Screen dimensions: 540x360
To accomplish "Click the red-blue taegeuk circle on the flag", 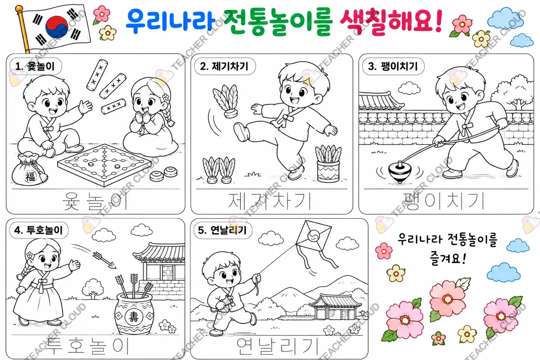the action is pyautogui.click(x=57, y=27).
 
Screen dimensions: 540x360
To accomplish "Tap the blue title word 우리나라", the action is pyautogui.click(x=171, y=21).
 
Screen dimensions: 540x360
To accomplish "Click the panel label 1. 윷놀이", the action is pyautogui.click(x=35, y=66).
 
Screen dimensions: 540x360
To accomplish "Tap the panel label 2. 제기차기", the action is pyautogui.click(x=224, y=66).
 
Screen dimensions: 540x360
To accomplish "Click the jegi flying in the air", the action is pyautogui.click(x=226, y=101).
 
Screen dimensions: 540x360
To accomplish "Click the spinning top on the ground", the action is pyautogui.click(x=400, y=172).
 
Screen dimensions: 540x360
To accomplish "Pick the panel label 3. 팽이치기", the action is pyautogui.click(x=393, y=66).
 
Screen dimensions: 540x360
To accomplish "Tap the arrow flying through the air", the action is pyautogui.click(x=105, y=260).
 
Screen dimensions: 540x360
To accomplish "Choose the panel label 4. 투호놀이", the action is pyautogui.click(x=39, y=230).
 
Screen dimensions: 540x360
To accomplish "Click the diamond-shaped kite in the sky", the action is pyautogui.click(x=313, y=236).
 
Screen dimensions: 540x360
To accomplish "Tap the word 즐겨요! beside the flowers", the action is pyautogui.click(x=448, y=258).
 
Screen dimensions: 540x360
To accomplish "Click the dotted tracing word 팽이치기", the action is pyautogui.click(x=444, y=201).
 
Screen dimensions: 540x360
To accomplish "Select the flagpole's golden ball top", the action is pyautogui.click(x=19, y=9).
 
